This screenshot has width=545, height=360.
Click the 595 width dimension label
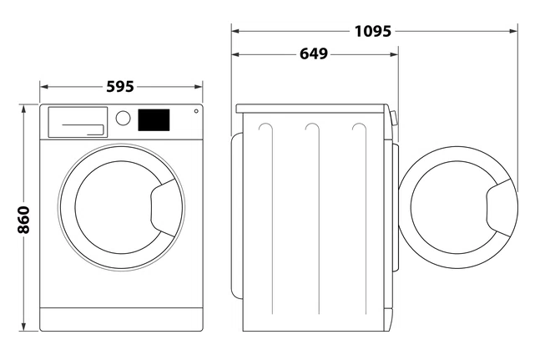coord(120,87)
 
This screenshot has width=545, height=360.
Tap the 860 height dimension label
coord(23,220)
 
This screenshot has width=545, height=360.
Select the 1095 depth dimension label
coord(372,31)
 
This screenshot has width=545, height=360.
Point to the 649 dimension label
coord(314,54)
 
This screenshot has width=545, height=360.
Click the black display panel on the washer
coord(154,120)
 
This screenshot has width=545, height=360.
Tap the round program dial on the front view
coord(123,118)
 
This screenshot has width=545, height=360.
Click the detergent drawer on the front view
coord(78,122)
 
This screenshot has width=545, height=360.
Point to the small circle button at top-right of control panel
coord(196,111)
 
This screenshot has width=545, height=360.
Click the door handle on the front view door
coord(164,208)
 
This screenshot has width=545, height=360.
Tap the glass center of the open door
coord(449,207)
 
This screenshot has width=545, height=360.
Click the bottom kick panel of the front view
coord(121,319)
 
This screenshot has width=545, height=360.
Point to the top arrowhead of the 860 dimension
coord(23,109)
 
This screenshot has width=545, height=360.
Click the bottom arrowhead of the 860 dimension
coord(23,327)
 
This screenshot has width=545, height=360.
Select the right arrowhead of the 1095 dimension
coord(513,31)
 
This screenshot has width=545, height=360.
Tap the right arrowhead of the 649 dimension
coord(394,54)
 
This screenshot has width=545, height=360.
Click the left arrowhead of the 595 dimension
coord(44,87)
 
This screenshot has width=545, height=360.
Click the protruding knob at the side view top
coord(394,118)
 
